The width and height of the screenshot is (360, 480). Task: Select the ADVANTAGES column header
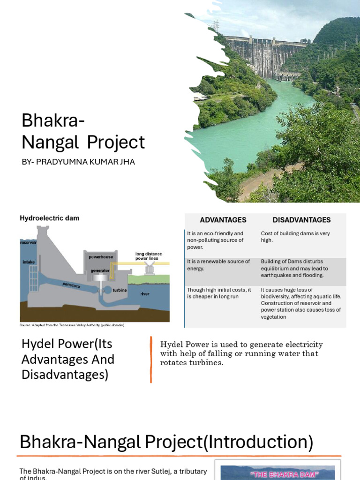(223, 220)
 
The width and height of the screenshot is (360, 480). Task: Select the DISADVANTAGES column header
(301, 220)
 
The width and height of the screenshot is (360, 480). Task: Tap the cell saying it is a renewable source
(218, 265)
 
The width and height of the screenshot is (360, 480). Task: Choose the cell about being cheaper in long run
(219, 293)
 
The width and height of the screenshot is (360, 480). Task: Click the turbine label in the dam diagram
(120, 290)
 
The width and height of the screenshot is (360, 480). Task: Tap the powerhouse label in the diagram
(100, 257)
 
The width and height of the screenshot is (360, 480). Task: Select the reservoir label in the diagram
(28, 242)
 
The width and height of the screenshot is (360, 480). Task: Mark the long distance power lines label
(147, 256)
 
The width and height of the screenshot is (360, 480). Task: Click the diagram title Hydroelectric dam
(49, 218)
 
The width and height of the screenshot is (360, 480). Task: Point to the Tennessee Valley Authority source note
(72, 325)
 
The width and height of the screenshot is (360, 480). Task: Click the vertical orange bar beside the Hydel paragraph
(151, 360)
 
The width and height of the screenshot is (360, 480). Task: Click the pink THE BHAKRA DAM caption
(278, 474)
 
